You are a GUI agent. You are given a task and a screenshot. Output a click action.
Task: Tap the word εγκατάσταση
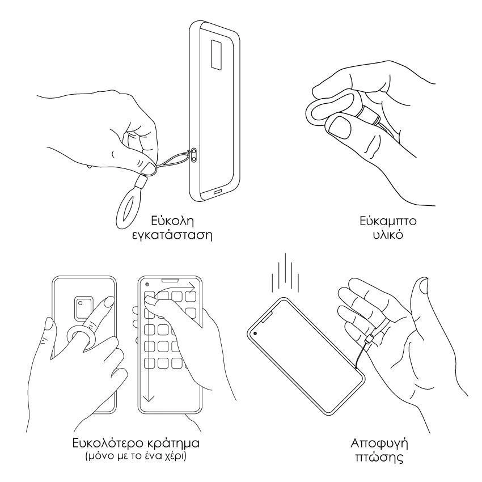pyautogui.click(x=172, y=235)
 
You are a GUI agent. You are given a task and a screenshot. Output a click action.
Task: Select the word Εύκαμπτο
pyautogui.click(x=388, y=222)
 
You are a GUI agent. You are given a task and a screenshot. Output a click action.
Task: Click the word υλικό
pyautogui.click(x=388, y=235)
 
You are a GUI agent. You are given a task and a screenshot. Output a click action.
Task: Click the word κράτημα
pyautogui.click(x=174, y=443)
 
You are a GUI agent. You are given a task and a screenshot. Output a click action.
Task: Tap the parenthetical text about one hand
pyautogui.click(x=136, y=455)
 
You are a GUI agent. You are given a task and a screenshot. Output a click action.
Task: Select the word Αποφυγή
pyautogui.click(x=379, y=443)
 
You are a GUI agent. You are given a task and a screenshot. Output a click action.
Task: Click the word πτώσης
pyautogui.click(x=379, y=457)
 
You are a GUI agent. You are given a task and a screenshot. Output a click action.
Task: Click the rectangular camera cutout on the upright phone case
pyautogui.click(x=217, y=54)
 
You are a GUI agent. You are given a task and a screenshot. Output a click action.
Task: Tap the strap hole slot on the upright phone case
pyautogui.click(x=194, y=155)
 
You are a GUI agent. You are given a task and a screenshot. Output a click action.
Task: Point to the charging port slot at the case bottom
pyautogui.click(x=218, y=192)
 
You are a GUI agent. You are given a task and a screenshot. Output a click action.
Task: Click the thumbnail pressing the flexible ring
pyautogui.click(x=340, y=126)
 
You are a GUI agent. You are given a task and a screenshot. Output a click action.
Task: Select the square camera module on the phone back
pyautogui.click(x=83, y=307)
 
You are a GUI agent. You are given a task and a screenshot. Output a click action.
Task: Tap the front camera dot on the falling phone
pyautogui.click(x=255, y=333)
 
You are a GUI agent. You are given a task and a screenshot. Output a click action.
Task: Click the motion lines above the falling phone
pyautogui.click(x=285, y=273)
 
